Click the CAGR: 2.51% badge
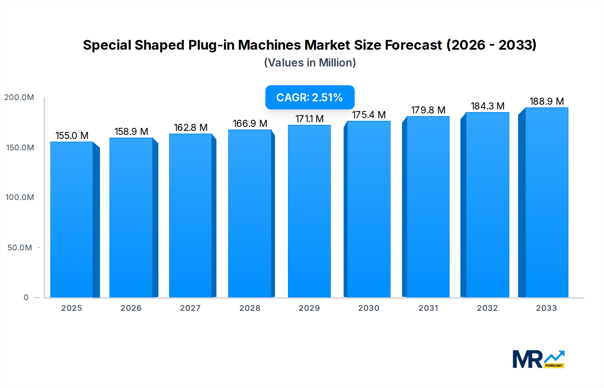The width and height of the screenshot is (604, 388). [x=310, y=97]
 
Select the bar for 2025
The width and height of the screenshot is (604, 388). [x=72, y=220]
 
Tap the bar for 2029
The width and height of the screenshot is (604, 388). [x=309, y=211]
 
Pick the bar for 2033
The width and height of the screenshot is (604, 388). [x=546, y=203]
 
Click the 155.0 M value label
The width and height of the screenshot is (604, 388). [x=72, y=136]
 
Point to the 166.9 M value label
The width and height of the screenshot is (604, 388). [x=250, y=124]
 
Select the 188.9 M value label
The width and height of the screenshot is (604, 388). [x=546, y=101]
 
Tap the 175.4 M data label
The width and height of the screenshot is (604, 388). [x=368, y=115]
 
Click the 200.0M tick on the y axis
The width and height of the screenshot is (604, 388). [x=19, y=97]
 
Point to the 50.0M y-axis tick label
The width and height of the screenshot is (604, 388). [x=20, y=248]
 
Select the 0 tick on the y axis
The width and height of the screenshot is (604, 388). [x=26, y=297]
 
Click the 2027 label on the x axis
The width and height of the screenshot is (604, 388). [x=190, y=308]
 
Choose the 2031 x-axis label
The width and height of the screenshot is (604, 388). [x=428, y=308]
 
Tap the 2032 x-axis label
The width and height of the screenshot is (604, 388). [x=487, y=308]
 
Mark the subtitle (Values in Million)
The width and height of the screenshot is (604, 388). [x=310, y=63]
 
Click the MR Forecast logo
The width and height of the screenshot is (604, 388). [x=538, y=359]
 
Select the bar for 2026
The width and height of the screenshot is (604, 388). [x=131, y=217]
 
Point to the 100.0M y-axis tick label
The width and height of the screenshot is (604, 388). [x=20, y=197]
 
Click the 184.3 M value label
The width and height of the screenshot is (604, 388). [x=487, y=106]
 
